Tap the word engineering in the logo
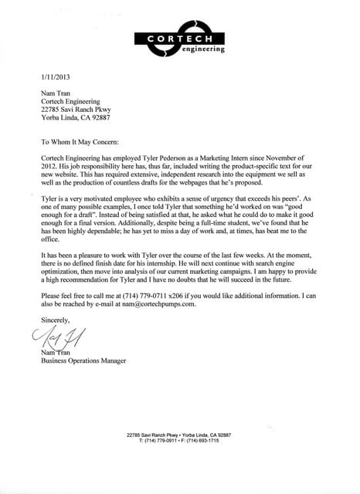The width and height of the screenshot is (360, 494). [x=203, y=49]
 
